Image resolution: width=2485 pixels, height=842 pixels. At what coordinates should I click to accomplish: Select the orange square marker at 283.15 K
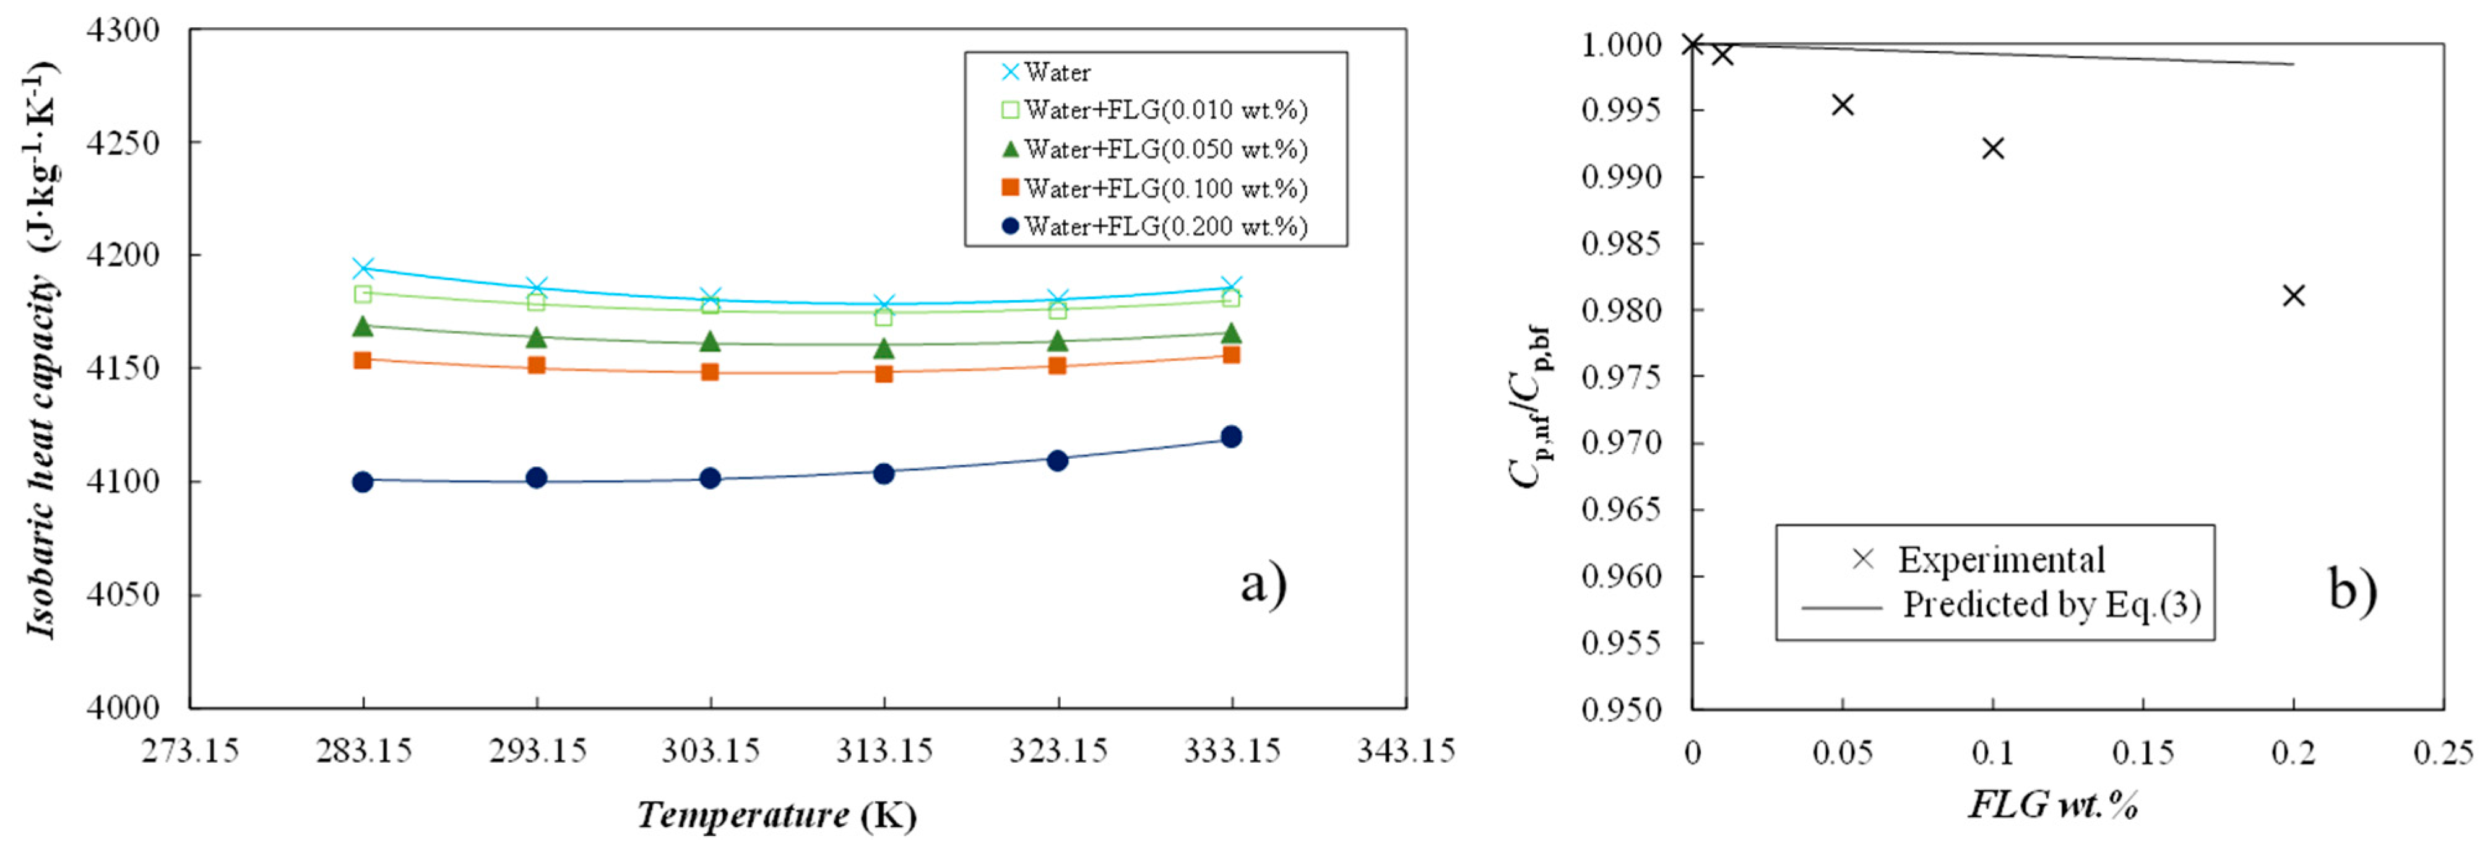363,360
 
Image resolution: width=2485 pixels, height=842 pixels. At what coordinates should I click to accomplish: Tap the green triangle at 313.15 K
884,348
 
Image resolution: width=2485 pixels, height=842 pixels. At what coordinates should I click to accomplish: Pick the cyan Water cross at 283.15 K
363,268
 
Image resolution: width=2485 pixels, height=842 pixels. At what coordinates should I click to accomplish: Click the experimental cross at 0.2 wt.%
2294,296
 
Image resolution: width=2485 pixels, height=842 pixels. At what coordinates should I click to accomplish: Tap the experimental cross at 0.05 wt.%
1843,104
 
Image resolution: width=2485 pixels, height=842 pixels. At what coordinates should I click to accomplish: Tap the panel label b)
2353,588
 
